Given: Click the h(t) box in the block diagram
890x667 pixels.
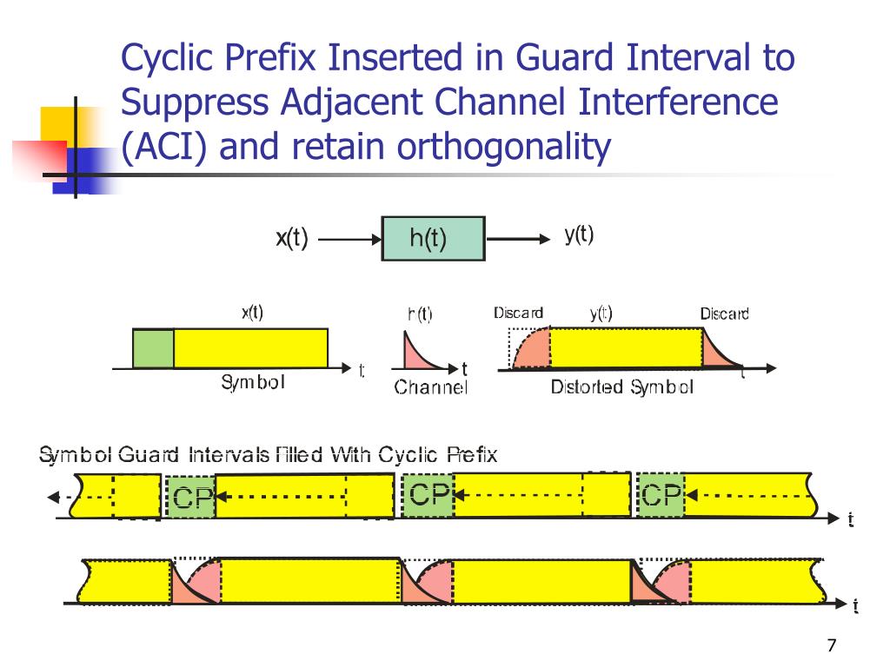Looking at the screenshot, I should [x=432, y=239].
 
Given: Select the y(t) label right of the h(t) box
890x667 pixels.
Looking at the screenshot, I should [x=579, y=235].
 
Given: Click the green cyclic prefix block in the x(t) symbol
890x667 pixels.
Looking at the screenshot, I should [x=153, y=348].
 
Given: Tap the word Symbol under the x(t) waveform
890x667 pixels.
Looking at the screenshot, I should [x=252, y=383].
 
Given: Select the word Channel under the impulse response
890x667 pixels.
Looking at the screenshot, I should [x=430, y=387].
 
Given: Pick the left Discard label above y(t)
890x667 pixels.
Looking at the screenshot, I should [x=518, y=314].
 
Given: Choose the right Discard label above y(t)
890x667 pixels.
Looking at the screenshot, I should [x=724, y=314].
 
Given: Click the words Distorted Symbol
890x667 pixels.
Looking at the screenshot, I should [x=621, y=387].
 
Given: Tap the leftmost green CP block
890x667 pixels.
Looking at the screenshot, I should [x=189, y=498].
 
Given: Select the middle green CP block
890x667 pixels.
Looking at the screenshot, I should [x=428, y=496].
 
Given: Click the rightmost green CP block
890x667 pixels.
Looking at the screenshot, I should [x=661, y=496].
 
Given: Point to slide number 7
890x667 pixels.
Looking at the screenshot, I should [x=832, y=645].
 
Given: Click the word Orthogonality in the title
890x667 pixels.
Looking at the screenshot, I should [x=504, y=147].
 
